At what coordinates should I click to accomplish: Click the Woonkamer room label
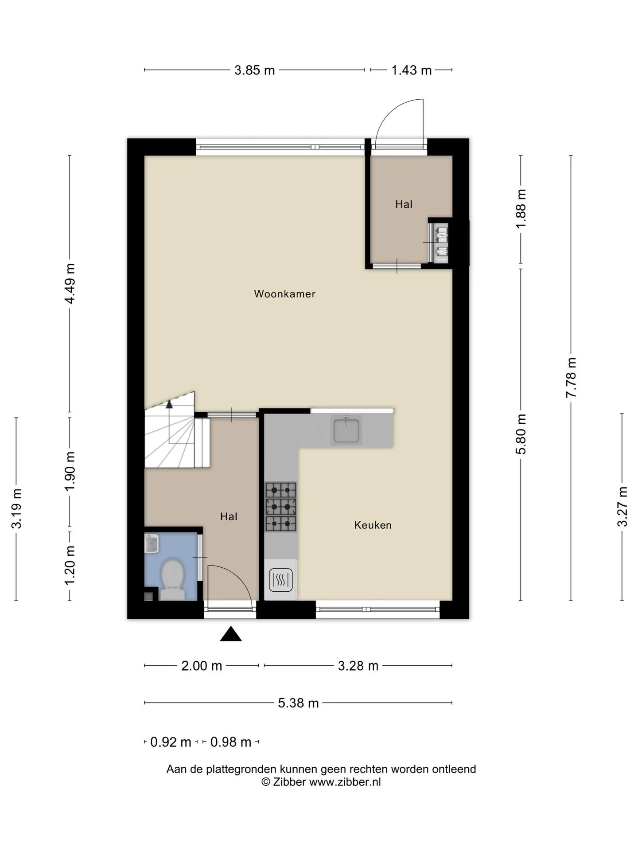(x=284, y=294)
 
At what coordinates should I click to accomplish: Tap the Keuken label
(x=373, y=525)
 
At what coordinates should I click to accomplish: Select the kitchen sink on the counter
(x=346, y=429)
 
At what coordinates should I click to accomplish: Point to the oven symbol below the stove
(x=280, y=580)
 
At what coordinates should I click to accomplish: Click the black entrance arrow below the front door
(x=231, y=634)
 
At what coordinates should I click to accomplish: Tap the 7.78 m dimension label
(x=571, y=377)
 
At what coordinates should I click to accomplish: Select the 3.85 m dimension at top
(x=255, y=70)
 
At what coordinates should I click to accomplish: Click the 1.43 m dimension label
(x=411, y=70)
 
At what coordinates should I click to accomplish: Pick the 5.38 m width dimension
(x=298, y=703)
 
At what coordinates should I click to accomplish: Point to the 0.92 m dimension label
(x=171, y=742)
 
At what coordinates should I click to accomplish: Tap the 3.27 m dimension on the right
(x=622, y=506)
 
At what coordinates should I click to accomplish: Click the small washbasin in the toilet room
(x=152, y=543)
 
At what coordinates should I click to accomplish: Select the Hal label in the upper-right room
(x=404, y=204)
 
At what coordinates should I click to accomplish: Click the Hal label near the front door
(x=229, y=516)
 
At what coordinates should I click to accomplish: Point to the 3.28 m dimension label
(x=358, y=666)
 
